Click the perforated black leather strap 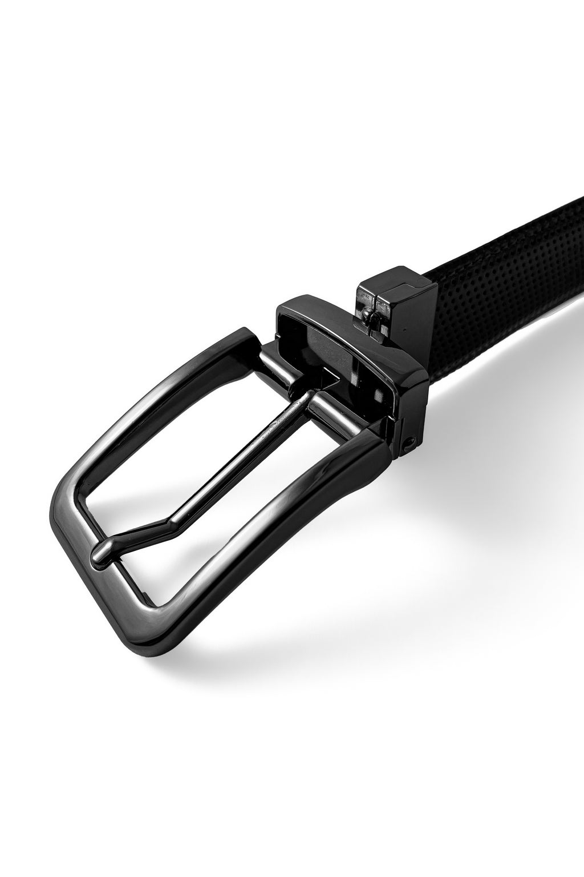point(502,285)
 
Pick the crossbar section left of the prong point(273,364)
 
